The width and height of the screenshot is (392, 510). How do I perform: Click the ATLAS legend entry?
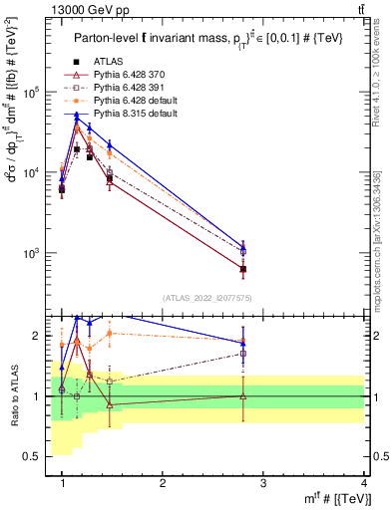[109, 61]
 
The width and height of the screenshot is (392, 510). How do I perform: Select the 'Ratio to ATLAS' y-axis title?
[15, 396]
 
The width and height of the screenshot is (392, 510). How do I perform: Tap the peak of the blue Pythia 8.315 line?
[77, 117]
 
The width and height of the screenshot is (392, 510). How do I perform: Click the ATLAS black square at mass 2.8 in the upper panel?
[243, 269]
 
